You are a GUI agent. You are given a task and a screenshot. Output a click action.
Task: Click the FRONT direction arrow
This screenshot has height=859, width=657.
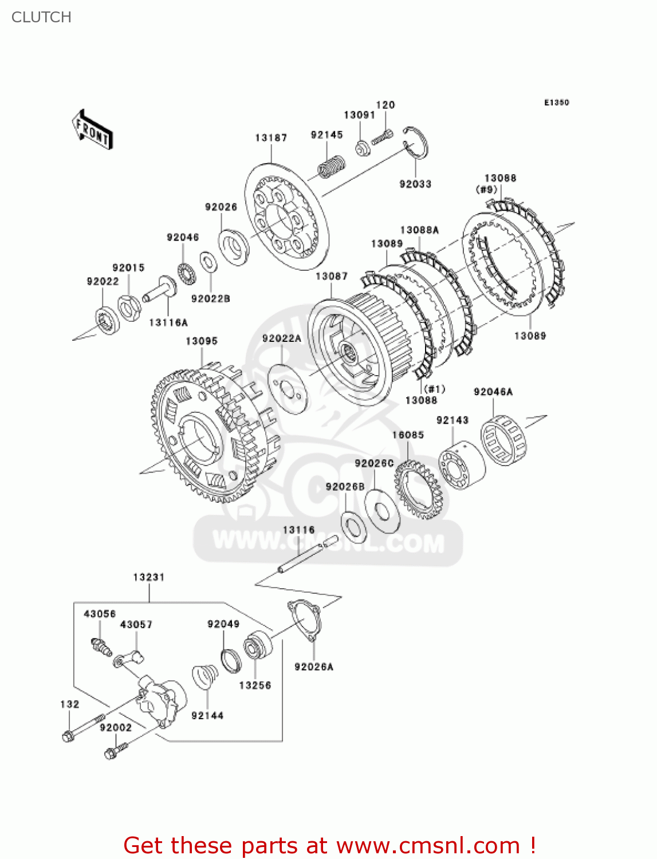pyautogui.click(x=92, y=130)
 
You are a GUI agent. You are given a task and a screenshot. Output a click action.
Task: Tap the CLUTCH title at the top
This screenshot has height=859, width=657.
pyautogui.click(x=41, y=17)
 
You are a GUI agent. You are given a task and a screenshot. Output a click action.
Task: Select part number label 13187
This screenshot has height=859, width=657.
pyautogui.click(x=271, y=137)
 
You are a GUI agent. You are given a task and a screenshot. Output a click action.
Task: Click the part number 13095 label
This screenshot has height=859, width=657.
pyautogui.click(x=202, y=341)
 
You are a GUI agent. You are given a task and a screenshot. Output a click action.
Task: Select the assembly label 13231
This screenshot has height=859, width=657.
pyautogui.click(x=149, y=577)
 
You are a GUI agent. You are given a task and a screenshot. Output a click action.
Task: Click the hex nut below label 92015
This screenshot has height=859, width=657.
pyautogui.click(x=129, y=307)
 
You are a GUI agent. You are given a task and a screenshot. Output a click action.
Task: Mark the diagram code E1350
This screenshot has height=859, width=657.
pyautogui.click(x=556, y=103)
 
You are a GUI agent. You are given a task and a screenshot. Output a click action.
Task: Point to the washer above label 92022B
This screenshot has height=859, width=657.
pyautogui.click(x=207, y=262)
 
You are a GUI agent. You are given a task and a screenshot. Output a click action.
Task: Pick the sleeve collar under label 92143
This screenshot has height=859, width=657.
pyautogui.click(x=461, y=465)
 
